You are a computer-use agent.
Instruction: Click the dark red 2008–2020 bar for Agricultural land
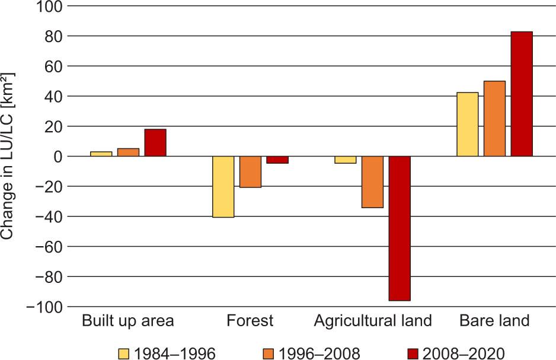coord(399,228)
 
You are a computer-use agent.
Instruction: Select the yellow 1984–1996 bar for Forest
coord(223,187)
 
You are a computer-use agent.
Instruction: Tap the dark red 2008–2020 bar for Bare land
coord(522,94)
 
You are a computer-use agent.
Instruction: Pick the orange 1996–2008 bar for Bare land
coord(494,119)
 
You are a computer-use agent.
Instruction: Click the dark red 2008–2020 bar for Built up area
coord(155,143)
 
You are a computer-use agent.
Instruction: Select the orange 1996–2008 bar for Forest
coord(250,172)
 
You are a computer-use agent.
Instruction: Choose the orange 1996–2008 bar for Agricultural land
coord(372,182)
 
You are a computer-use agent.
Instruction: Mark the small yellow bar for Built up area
coord(101,154)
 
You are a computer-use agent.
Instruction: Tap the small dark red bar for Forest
coord(277,160)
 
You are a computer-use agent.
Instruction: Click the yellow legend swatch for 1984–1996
coord(123,353)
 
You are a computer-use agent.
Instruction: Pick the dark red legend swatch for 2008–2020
coord(413,353)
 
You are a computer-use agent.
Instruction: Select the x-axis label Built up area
coord(128,321)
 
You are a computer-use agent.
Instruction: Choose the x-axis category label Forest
coord(250,321)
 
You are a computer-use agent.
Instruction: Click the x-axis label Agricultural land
coord(373,321)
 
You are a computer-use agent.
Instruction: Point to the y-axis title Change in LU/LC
coord(8,156)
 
